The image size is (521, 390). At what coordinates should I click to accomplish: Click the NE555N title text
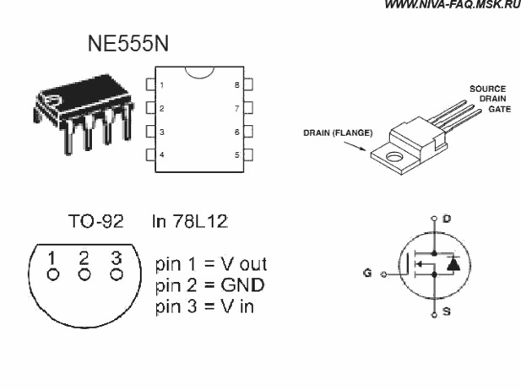coord(128,43)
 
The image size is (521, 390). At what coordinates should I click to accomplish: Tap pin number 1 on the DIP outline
coord(162,85)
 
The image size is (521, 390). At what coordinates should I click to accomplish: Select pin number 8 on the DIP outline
coord(236,85)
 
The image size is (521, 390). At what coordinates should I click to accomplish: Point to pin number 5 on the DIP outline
coord(236,154)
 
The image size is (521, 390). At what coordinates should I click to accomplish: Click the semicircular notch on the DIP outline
coord(199,76)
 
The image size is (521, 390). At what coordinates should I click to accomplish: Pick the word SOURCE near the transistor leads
coord(487,89)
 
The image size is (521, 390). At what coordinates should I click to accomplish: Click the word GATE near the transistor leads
coord(499,109)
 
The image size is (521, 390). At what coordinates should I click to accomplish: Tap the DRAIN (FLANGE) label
coord(338,133)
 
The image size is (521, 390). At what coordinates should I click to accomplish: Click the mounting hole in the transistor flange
coord(394,156)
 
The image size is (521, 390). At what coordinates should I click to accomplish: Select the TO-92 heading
coord(96,221)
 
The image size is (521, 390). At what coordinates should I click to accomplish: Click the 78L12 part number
coord(200,221)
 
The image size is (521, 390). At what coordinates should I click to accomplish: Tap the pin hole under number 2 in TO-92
coord(84,275)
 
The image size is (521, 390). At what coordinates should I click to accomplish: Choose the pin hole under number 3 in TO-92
coord(117,274)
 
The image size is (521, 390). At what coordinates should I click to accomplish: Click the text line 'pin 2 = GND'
coord(210,285)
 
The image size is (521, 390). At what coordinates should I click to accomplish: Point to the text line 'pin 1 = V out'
coord(211,264)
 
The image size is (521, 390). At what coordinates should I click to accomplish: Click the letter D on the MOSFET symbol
coord(447,219)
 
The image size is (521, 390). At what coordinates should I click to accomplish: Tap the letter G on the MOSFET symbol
coord(367,273)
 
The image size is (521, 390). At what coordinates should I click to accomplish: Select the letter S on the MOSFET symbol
coord(447,311)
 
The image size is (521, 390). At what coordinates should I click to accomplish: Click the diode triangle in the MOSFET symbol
coord(453,264)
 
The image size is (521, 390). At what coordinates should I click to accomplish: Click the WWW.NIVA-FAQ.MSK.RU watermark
coord(453,5)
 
